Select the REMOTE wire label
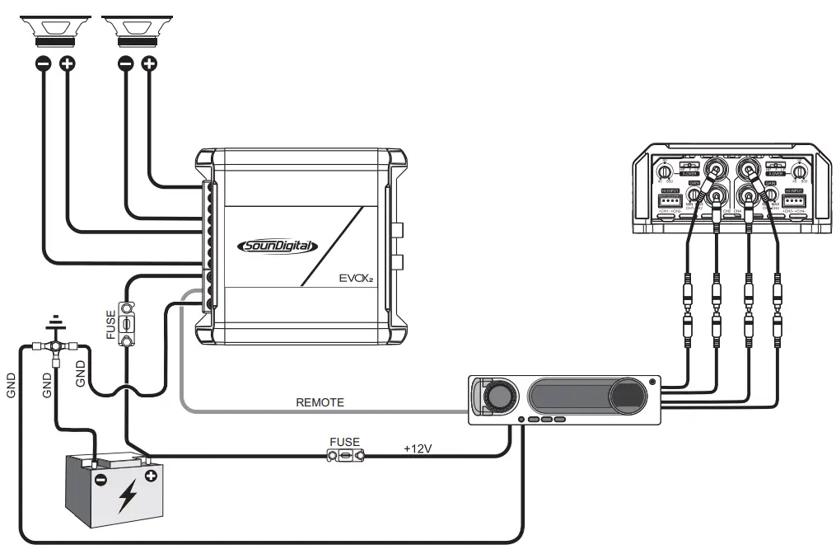point(320,403)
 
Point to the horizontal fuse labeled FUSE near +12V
point(345,455)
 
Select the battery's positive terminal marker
point(151,477)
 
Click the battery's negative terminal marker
point(100,479)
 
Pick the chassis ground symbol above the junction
point(54,321)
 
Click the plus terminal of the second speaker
point(149,63)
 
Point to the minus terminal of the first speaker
point(44,63)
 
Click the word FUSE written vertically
point(111,325)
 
